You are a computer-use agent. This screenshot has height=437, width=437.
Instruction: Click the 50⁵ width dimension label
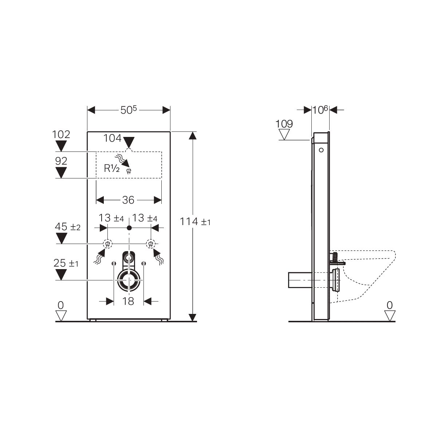(129, 110)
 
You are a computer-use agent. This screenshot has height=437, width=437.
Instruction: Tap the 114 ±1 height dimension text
(195, 221)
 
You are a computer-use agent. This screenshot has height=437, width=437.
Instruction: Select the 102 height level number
(61, 134)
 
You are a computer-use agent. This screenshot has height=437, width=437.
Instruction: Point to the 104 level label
(113, 138)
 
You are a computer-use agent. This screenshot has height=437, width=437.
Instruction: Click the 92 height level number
(61, 161)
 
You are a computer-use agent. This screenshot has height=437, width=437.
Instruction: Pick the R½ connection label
(111, 168)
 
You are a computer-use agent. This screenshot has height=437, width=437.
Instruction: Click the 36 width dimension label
(128, 200)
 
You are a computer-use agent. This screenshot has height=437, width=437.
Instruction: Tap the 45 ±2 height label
(68, 227)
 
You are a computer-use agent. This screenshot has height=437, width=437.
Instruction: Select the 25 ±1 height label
(66, 263)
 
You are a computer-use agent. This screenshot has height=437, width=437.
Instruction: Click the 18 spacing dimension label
(128, 302)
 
